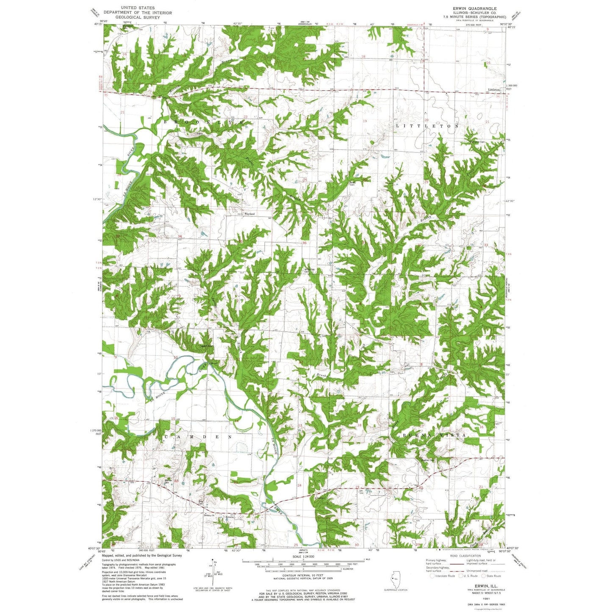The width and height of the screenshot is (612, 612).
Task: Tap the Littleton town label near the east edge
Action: (x=494, y=90)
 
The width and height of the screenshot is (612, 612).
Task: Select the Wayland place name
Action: (x=249, y=214)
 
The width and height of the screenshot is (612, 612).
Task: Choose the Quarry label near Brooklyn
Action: (x=198, y=133)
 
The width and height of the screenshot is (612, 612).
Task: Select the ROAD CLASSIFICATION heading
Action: (x=465, y=556)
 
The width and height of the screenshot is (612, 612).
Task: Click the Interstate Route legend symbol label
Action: (x=445, y=576)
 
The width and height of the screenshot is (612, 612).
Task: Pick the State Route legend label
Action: (x=493, y=576)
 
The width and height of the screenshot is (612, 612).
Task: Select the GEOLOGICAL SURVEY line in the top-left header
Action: (x=138, y=18)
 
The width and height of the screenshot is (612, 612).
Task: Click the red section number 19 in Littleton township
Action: (x=365, y=121)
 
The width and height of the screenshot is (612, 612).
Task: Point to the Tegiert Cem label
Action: (x=206, y=346)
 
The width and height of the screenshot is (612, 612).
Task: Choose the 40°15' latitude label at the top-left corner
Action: (x=98, y=25)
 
